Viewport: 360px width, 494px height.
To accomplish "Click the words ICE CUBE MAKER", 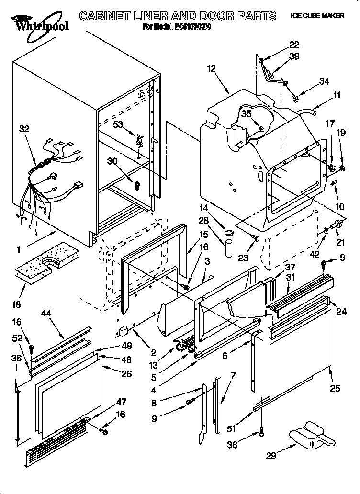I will click(x=317, y=16).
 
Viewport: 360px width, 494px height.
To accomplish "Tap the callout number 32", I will click(x=24, y=128).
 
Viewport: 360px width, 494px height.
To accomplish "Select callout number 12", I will click(x=212, y=68).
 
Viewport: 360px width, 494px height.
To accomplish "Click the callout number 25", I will click(x=335, y=388).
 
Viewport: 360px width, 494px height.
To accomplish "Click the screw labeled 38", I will click(x=262, y=432).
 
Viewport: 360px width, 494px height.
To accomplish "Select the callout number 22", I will click(x=293, y=45).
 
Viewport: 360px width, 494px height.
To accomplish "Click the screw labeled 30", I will click(x=137, y=184).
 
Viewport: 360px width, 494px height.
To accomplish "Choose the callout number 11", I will click(x=337, y=95).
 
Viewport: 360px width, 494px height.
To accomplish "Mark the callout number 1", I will click(x=18, y=249).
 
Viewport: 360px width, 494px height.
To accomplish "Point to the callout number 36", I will click(x=16, y=358).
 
